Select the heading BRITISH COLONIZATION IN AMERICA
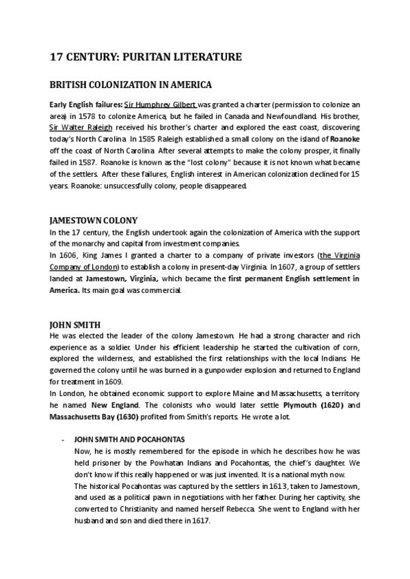tap(131, 85)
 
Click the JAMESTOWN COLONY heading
tap(94, 221)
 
